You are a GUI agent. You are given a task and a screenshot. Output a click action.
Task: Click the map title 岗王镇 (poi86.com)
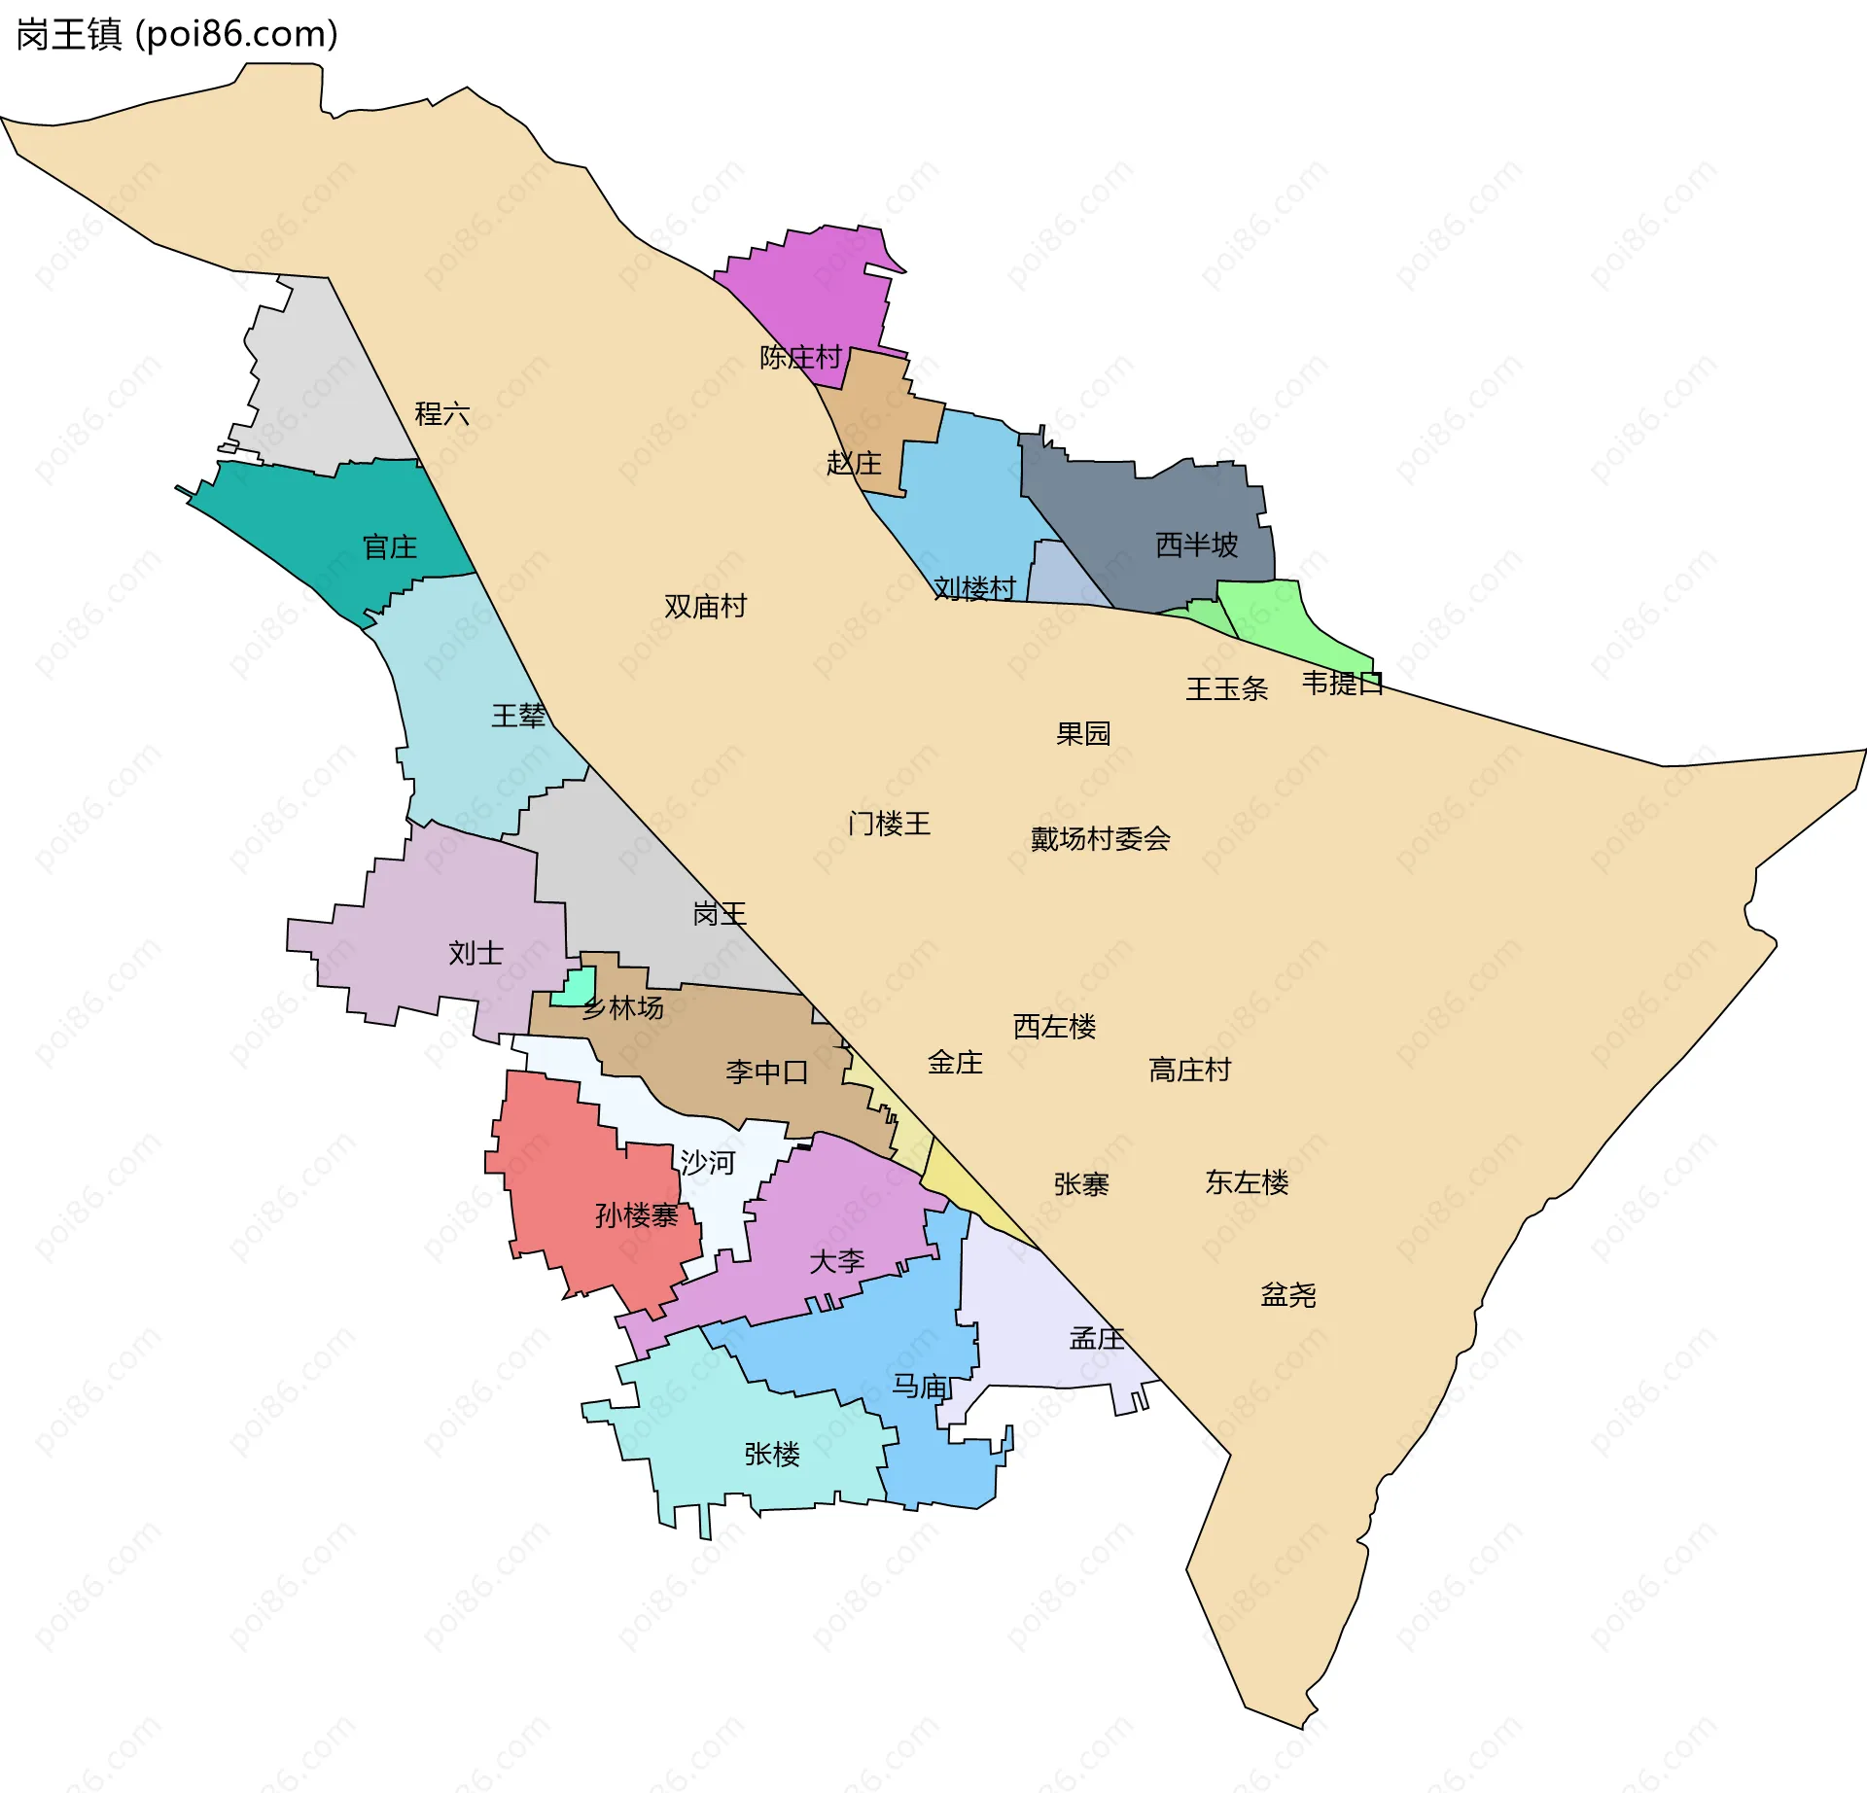pyautogui.click(x=177, y=35)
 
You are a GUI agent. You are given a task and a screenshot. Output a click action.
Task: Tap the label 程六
pyautogui.click(x=442, y=414)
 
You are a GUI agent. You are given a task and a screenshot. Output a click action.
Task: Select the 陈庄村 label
pyautogui.click(x=800, y=358)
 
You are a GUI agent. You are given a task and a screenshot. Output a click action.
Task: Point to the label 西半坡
pyautogui.click(x=1196, y=545)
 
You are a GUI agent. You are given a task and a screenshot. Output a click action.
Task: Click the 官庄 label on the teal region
pyautogui.click(x=390, y=547)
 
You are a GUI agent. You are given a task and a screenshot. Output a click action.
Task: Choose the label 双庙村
pyautogui.click(x=705, y=607)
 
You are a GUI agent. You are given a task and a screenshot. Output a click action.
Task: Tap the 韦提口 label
pyautogui.click(x=1342, y=684)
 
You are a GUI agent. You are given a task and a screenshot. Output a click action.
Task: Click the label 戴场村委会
pyautogui.click(x=1100, y=839)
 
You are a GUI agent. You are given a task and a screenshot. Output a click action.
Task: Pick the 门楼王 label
pyautogui.click(x=889, y=825)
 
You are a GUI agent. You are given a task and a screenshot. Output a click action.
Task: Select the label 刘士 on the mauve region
pyautogui.click(x=476, y=953)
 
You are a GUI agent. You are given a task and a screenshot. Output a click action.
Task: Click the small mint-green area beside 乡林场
pyautogui.click(x=575, y=987)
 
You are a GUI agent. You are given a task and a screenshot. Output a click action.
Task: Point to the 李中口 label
pyautogui.click(x=766, y=1072)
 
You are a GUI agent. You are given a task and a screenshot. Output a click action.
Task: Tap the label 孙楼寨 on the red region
pyautogui.click(x=636, y=1215)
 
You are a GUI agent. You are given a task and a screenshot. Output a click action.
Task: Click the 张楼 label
pyautogui.click(x=772, y=1455)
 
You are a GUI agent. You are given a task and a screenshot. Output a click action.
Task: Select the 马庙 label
pyautogui.click(x=920, y=1387)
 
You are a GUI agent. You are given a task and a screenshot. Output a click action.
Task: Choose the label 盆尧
pyautogui.click(x=1287, y=1295)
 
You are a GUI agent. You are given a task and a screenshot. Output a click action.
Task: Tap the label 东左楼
pyautogui.click(x=1247, y=1182)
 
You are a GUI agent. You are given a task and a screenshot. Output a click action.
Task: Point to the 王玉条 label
pyautogui.click(x=1226, y=689)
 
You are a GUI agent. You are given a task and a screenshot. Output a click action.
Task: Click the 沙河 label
pyautogui.click(x=707, y=1163)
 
